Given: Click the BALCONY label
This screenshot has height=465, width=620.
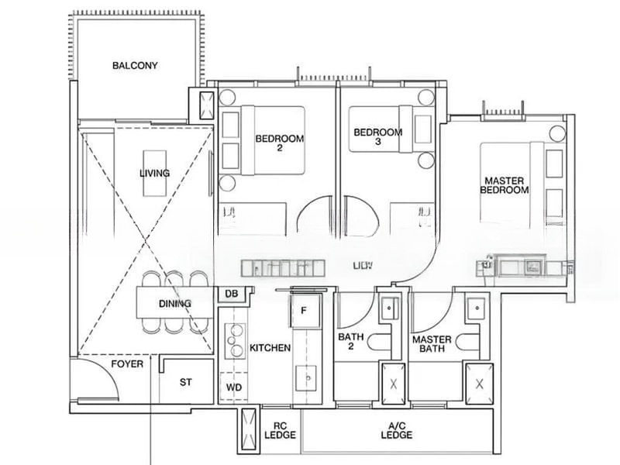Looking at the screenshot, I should click(x=135, y=66).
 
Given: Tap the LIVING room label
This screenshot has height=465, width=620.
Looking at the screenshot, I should click(x=154, y=173).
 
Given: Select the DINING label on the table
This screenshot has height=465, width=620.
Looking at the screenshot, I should click(x=175, y=304).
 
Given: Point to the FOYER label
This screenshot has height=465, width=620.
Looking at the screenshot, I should click(x=127, y=363).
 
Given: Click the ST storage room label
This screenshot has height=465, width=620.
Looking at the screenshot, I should click(x=186, y=382).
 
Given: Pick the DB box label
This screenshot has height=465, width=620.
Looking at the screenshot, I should click(x=231, y=294).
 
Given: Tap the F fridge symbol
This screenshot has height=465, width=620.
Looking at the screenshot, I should click(x=305, y=310).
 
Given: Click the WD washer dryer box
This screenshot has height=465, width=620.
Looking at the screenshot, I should click(x=233, y=387).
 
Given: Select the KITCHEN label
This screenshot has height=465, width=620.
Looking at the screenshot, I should click(x=270, y=348).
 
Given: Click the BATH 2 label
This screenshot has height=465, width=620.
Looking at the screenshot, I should click(x=351, y=343).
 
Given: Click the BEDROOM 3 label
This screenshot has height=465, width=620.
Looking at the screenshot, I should click(x=377, y=137).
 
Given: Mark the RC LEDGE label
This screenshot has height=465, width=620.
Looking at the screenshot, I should click(x=277, y=430).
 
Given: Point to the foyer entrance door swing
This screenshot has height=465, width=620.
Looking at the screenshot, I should click(x=101, y=380).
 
